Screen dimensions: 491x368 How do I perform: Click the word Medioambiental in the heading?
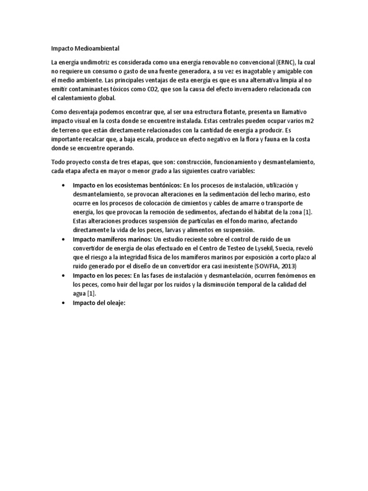(x=96, y=48)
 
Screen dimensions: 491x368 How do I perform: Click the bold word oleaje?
(x=114, y=303)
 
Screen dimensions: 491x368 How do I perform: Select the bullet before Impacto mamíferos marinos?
(x=64, y=239)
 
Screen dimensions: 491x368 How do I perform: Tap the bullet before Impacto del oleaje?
(x=64, y=303)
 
